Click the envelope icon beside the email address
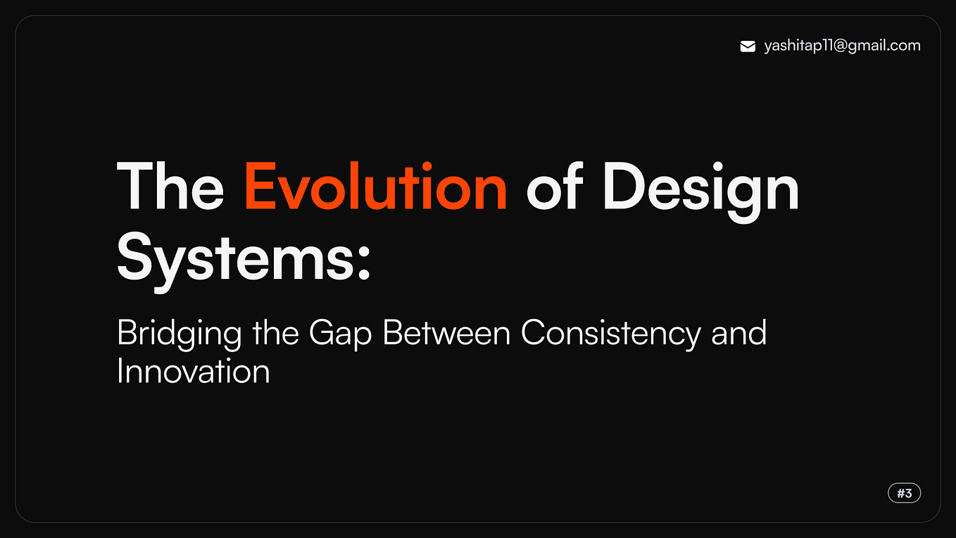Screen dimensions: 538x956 point(748,46)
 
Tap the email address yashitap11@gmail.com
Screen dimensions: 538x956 point(842,46)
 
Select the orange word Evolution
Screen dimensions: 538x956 point(375,187)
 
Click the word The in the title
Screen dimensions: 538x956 point(170,187)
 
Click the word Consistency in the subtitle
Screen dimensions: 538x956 point(610,333)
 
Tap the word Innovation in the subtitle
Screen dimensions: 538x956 point(194,371)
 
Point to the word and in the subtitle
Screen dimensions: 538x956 point(738,332)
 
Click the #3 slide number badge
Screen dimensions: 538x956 point(905,493)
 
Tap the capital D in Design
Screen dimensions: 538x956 point(625,187)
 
